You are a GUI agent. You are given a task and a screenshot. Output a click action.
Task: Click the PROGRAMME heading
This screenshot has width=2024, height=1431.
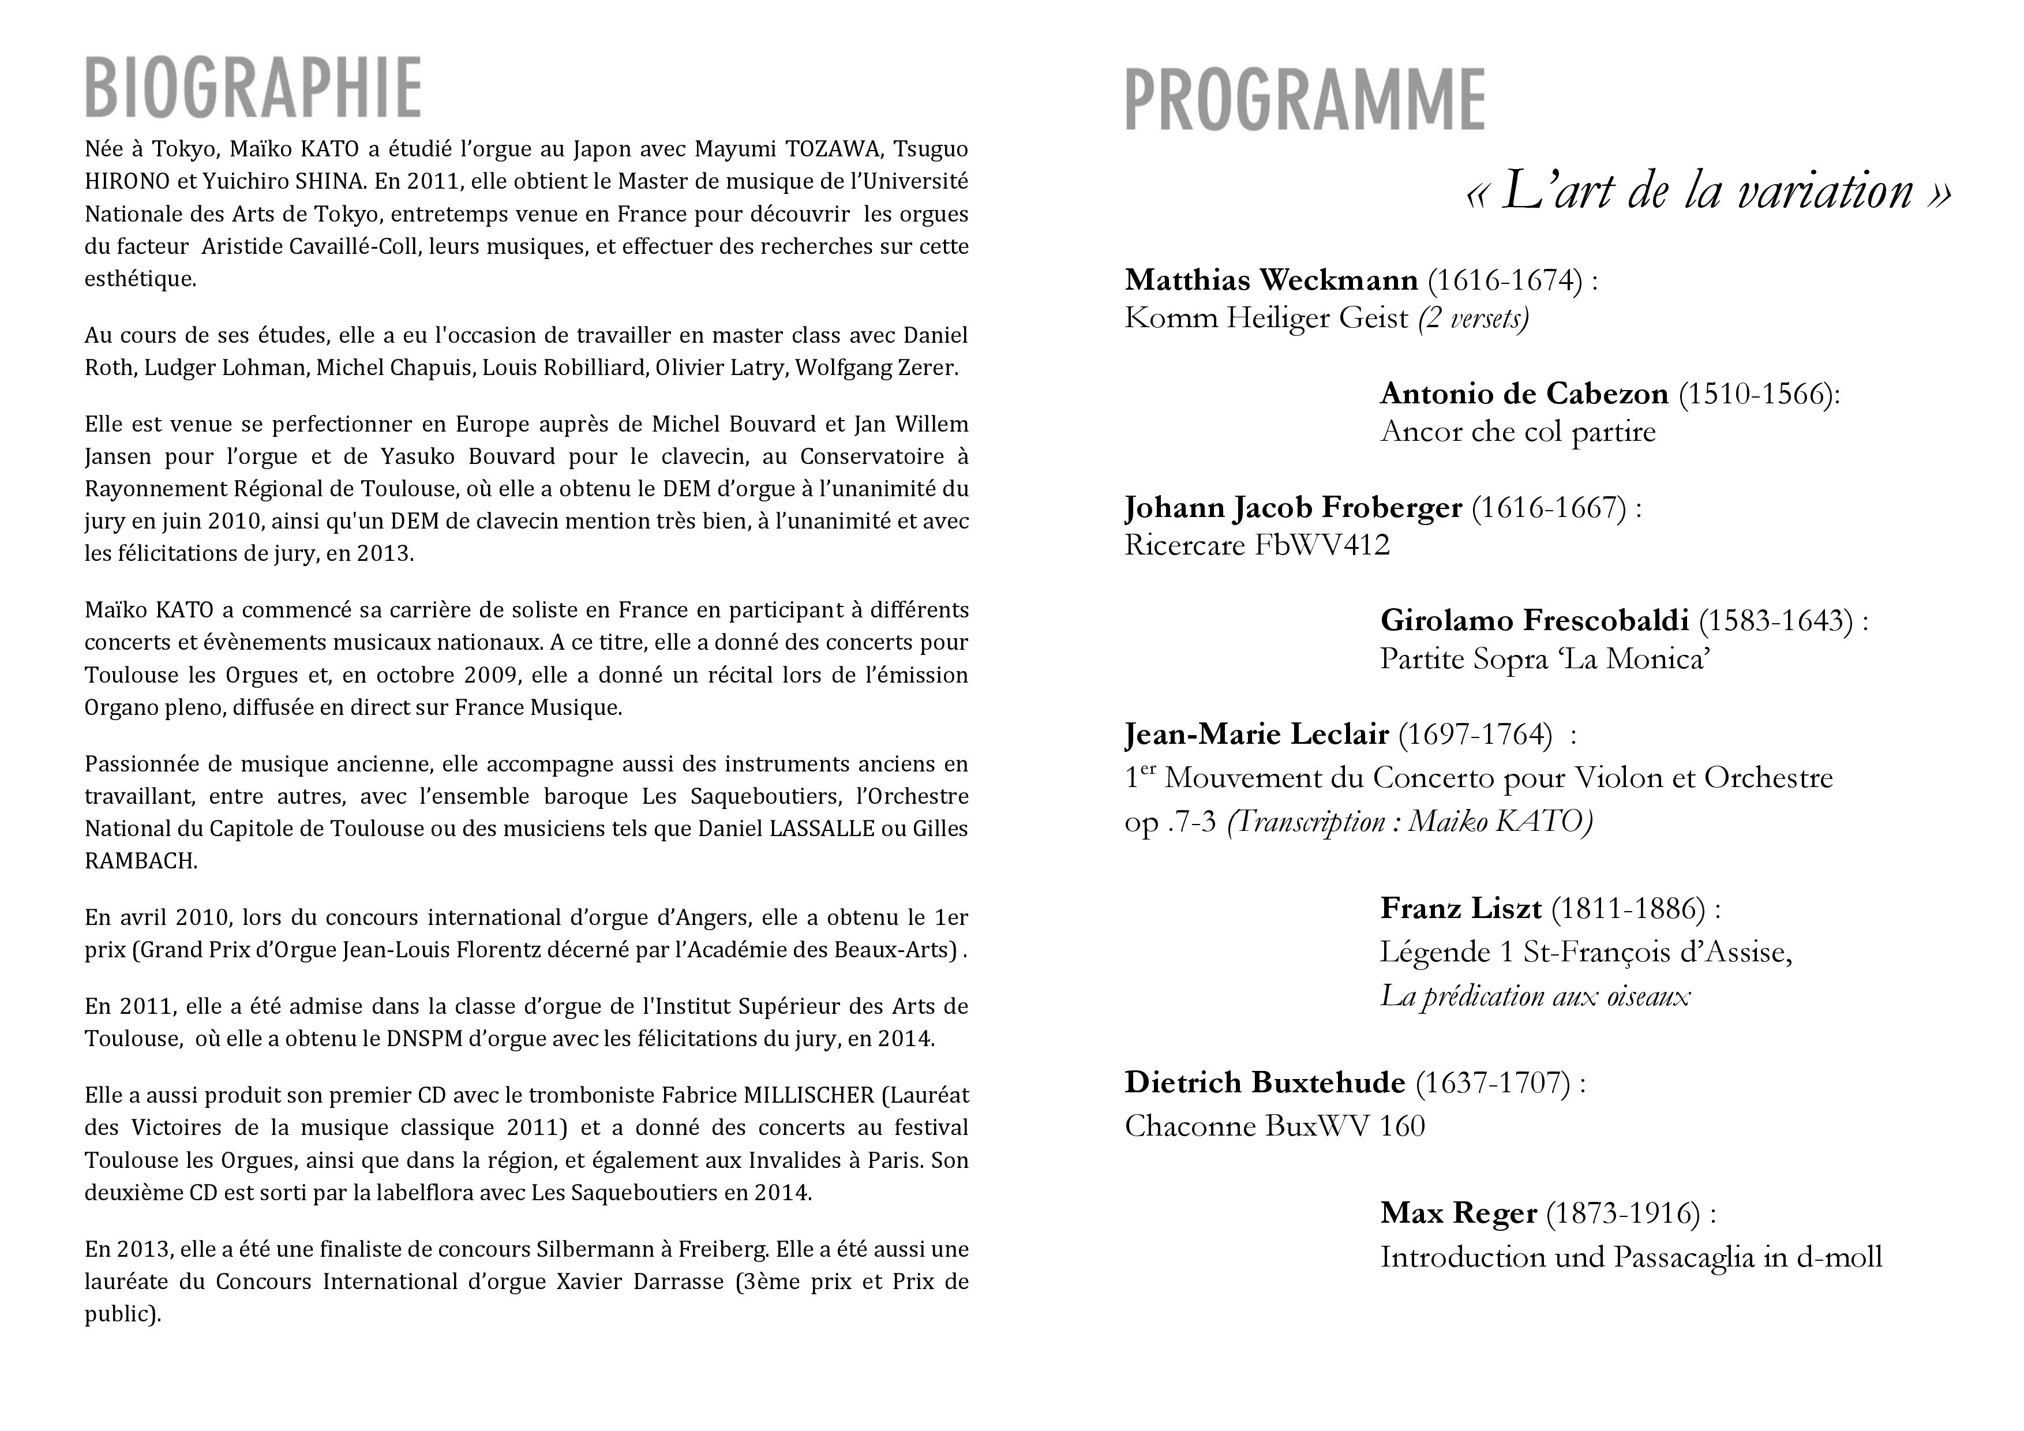[1305, 100]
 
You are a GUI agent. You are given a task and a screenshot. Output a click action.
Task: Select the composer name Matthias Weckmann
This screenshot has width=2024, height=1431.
[1270, 280]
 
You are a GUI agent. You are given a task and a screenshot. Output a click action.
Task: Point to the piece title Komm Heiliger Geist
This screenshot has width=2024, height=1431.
[1266, 319]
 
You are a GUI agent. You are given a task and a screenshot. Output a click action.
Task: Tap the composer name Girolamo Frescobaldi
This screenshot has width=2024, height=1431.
[1534, 621]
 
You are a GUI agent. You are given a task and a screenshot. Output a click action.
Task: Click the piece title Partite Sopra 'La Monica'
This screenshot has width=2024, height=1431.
[1545, 660]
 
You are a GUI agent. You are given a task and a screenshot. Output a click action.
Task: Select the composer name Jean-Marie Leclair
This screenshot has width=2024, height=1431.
[1256, 735]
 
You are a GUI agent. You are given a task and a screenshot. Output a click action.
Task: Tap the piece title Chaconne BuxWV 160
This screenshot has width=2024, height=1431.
[1274, 1127]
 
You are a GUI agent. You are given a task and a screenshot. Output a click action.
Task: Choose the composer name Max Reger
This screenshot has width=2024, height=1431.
[1458, 1213]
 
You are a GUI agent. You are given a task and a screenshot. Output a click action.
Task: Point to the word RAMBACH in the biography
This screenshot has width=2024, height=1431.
[140, 861]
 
